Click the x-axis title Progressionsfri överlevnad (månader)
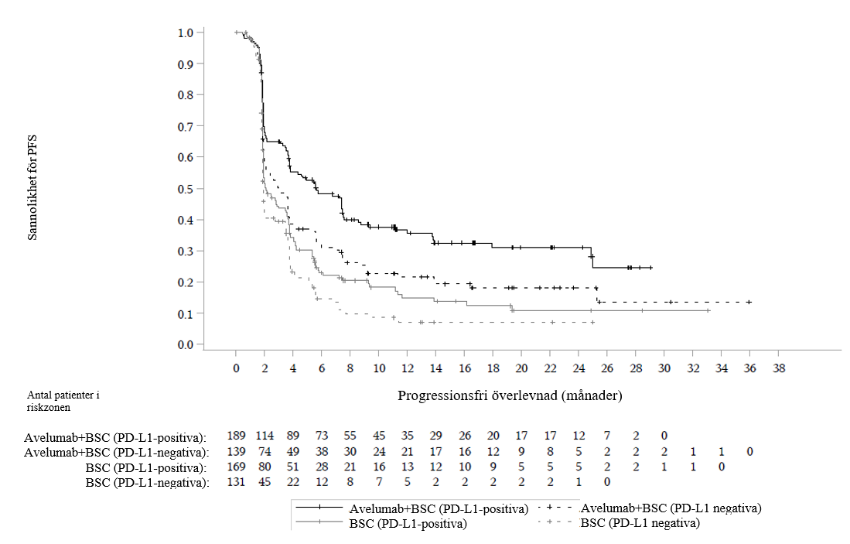pos(510,395)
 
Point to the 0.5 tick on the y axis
pos(186,189)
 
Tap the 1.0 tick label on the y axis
pos(186,33)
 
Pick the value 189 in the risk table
pos(236,436)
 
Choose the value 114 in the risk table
pos(265,436)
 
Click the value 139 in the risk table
pos(236,452)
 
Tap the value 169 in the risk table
pos(236,467)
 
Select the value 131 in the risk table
pos(236,483)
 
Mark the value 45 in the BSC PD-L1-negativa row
pos(265,483)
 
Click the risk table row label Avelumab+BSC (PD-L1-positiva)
pos(115,437)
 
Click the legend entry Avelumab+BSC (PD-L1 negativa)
pos(671,508)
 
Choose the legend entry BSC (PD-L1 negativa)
pos(640,523)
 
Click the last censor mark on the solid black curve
pos(650,268)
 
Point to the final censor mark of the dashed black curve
pos(749,302)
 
